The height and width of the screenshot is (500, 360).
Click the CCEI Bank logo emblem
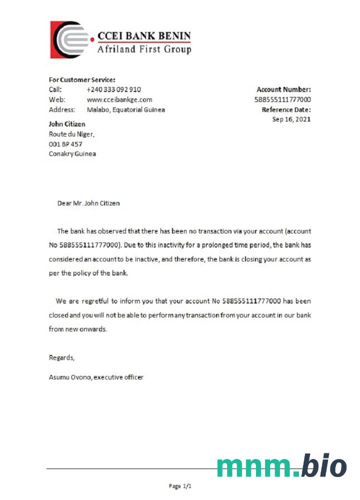tap(69, 39)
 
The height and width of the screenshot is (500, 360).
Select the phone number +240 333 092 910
tap(113, 89)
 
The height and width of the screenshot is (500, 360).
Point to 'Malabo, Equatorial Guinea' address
tap(125, 109)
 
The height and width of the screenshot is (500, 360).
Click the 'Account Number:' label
tap(283, 89)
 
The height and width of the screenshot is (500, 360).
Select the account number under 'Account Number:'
tap(282, 99)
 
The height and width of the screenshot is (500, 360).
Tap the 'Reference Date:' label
tap(286, 109)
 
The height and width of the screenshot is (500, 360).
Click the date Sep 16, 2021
tap(291, 119)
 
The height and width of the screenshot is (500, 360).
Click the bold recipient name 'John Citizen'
tap(67, 124)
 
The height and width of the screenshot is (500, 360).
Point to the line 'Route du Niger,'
tap(71, 134)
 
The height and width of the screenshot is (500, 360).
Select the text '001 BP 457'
tap(65, 144)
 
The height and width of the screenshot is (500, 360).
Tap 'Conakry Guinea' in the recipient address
tap(72, 154)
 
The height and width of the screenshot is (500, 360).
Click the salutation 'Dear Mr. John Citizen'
tap(88, 203)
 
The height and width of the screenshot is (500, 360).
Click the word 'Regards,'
tap(61, 357)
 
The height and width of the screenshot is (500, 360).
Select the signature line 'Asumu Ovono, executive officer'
tap(96, 377)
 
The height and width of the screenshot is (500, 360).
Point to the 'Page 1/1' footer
tap(180, 486)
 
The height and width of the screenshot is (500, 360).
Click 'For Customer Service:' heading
tap(82, 79)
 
